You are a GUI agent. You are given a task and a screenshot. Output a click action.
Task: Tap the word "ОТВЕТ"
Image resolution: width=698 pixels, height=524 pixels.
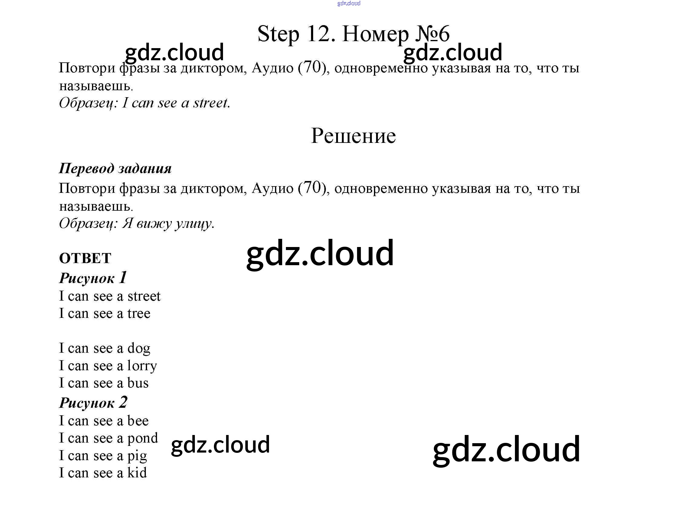85,258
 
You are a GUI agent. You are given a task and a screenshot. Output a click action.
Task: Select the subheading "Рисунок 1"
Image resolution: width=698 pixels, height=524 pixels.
93,278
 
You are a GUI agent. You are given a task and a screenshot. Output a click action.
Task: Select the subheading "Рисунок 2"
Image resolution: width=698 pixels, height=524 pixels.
93,403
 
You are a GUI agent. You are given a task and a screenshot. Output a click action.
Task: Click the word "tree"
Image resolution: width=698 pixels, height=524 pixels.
139,313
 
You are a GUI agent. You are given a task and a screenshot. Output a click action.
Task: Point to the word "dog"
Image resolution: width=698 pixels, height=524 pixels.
139,348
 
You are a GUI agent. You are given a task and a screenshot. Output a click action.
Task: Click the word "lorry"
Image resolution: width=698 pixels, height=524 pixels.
142,366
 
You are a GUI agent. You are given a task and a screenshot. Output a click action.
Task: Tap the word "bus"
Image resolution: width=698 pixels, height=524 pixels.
138,383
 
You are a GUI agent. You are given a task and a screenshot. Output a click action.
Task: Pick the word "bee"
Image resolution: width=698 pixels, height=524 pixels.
138,421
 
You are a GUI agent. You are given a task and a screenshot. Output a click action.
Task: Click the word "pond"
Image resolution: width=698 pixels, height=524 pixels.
143,438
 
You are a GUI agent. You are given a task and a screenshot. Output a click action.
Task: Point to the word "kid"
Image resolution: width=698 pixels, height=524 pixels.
137,473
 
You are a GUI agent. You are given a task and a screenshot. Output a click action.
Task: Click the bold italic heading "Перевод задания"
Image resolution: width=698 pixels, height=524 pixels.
115,168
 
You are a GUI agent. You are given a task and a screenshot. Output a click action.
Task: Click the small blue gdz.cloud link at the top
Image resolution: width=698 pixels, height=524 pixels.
349,3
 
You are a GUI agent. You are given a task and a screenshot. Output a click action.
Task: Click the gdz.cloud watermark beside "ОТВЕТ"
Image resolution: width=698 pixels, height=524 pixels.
320,253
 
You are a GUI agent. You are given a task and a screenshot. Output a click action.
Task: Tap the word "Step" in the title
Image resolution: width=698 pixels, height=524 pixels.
278,34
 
